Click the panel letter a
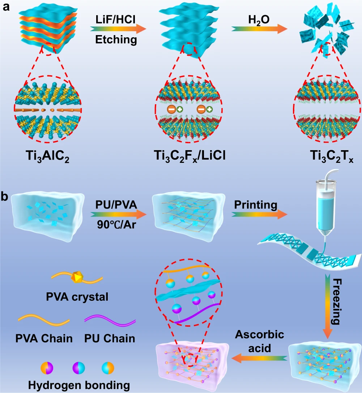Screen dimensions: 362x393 (x=6, y=7)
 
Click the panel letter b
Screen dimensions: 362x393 (x=4, y=196)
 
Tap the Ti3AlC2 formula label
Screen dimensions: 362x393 (x=48, y=156)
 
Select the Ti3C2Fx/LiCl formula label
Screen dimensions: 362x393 (x=189, y=156)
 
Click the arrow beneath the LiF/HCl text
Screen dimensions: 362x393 (x=118, y=29)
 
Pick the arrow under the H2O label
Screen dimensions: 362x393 (x=259, y=29)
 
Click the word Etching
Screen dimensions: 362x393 (x=116, y=39)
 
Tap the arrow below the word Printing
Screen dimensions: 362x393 (x=259, y=215)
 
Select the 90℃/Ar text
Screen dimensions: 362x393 (x=116, y=225)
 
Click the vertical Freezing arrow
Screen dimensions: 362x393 (x=328, y=306)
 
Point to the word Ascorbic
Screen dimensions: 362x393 (x=260, y=335)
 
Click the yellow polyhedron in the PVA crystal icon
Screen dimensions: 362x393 (x=77, y=277)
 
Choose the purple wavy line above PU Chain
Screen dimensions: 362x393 (x=110, y=321)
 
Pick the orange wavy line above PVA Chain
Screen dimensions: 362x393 (x=44, y=321)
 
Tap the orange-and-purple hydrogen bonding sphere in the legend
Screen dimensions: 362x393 (x=47, y=368)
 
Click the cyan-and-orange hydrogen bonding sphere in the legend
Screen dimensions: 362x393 (x=108, y=368)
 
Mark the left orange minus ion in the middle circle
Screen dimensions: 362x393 (x=172, y=109)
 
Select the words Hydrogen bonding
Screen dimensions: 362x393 (x=79, y=385)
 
